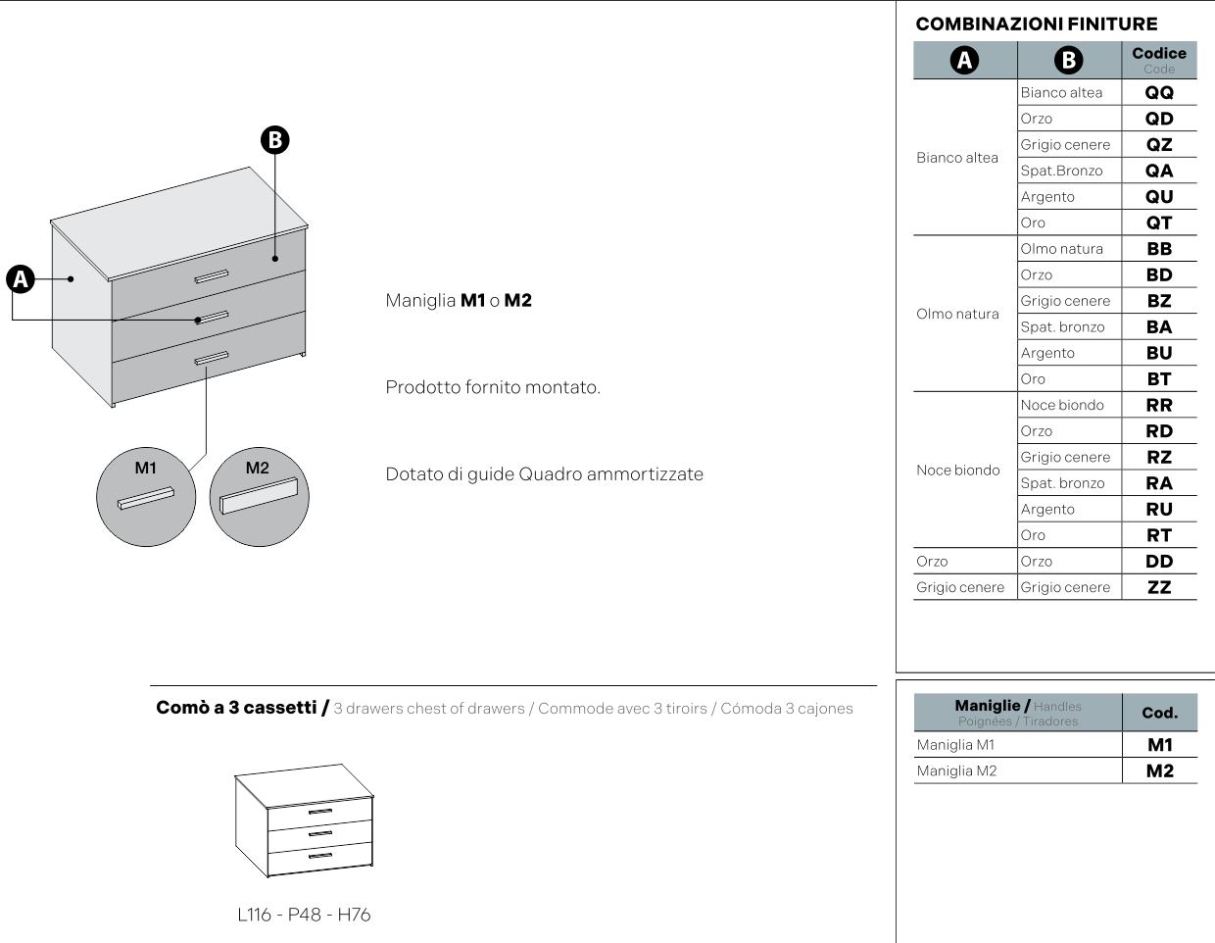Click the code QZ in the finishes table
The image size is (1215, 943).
[x=1158, y=145]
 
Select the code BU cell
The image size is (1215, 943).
[x=1158, y=353]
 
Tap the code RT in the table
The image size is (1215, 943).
[x=1158, y=535]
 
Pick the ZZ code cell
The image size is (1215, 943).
[x=1158, y=587]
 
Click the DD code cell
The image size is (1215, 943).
[x=1158, y=561]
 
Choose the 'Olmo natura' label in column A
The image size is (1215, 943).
[x=957, y=314]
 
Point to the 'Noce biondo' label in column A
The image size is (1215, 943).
[x=958, y=470]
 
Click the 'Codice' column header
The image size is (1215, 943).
[x=1158, y=53]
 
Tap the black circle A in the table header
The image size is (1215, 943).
[x=964, y=60]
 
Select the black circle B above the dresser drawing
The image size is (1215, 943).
[x=275, y=140]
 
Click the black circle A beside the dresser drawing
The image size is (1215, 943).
[x=21, y=279]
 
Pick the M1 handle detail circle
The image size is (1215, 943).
[x=146, y=497]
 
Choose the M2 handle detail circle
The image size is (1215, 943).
[x=260, y=497]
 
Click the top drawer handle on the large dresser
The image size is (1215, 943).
[x=212, y=276]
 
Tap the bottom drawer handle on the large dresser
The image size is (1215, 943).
[x=212, y=358]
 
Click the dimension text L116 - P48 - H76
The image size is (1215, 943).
[x=304, y=915]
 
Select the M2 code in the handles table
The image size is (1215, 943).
[x=1160, y=770]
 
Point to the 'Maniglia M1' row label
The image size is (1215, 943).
[x=955, y=745]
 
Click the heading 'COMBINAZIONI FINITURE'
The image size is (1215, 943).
[x=1037, y=25]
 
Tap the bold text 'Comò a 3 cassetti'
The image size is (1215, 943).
[x=236, y=708]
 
